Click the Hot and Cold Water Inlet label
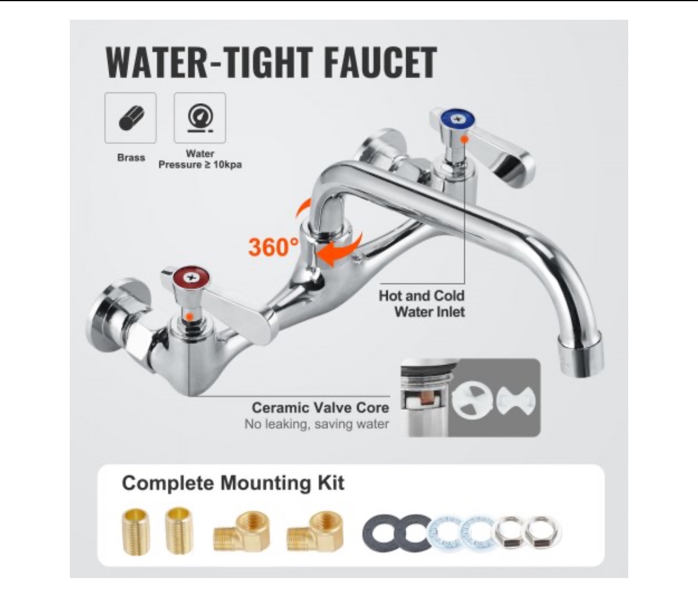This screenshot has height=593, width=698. point(421,304)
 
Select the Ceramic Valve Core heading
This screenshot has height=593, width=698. point(320,408)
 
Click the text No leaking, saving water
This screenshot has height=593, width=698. point(316,425)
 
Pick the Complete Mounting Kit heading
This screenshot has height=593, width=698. point(233,483)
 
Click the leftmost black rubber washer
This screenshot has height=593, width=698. point(379,532)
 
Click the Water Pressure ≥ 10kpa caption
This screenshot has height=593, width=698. point(200,159)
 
